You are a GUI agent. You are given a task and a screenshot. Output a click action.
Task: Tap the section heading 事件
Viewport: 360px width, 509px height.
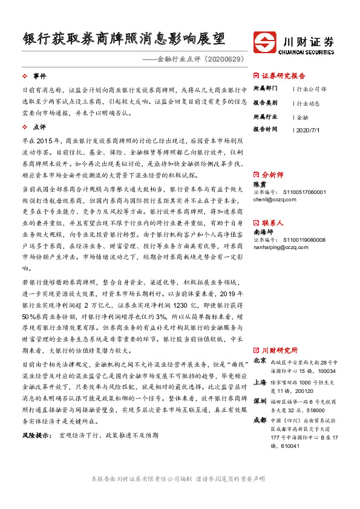tap(39, 76)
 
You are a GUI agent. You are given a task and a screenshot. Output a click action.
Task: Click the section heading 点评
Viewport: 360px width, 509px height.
tap(39, 128)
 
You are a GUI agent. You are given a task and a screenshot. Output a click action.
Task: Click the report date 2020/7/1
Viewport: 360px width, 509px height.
tap(310, 129)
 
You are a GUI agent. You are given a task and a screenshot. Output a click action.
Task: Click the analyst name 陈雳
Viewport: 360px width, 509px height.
tap(260, 184)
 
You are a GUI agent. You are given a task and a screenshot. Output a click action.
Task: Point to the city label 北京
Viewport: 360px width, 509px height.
tap(260, 360)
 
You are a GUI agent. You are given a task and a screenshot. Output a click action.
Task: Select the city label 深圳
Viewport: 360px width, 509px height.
tap(260, 401)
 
